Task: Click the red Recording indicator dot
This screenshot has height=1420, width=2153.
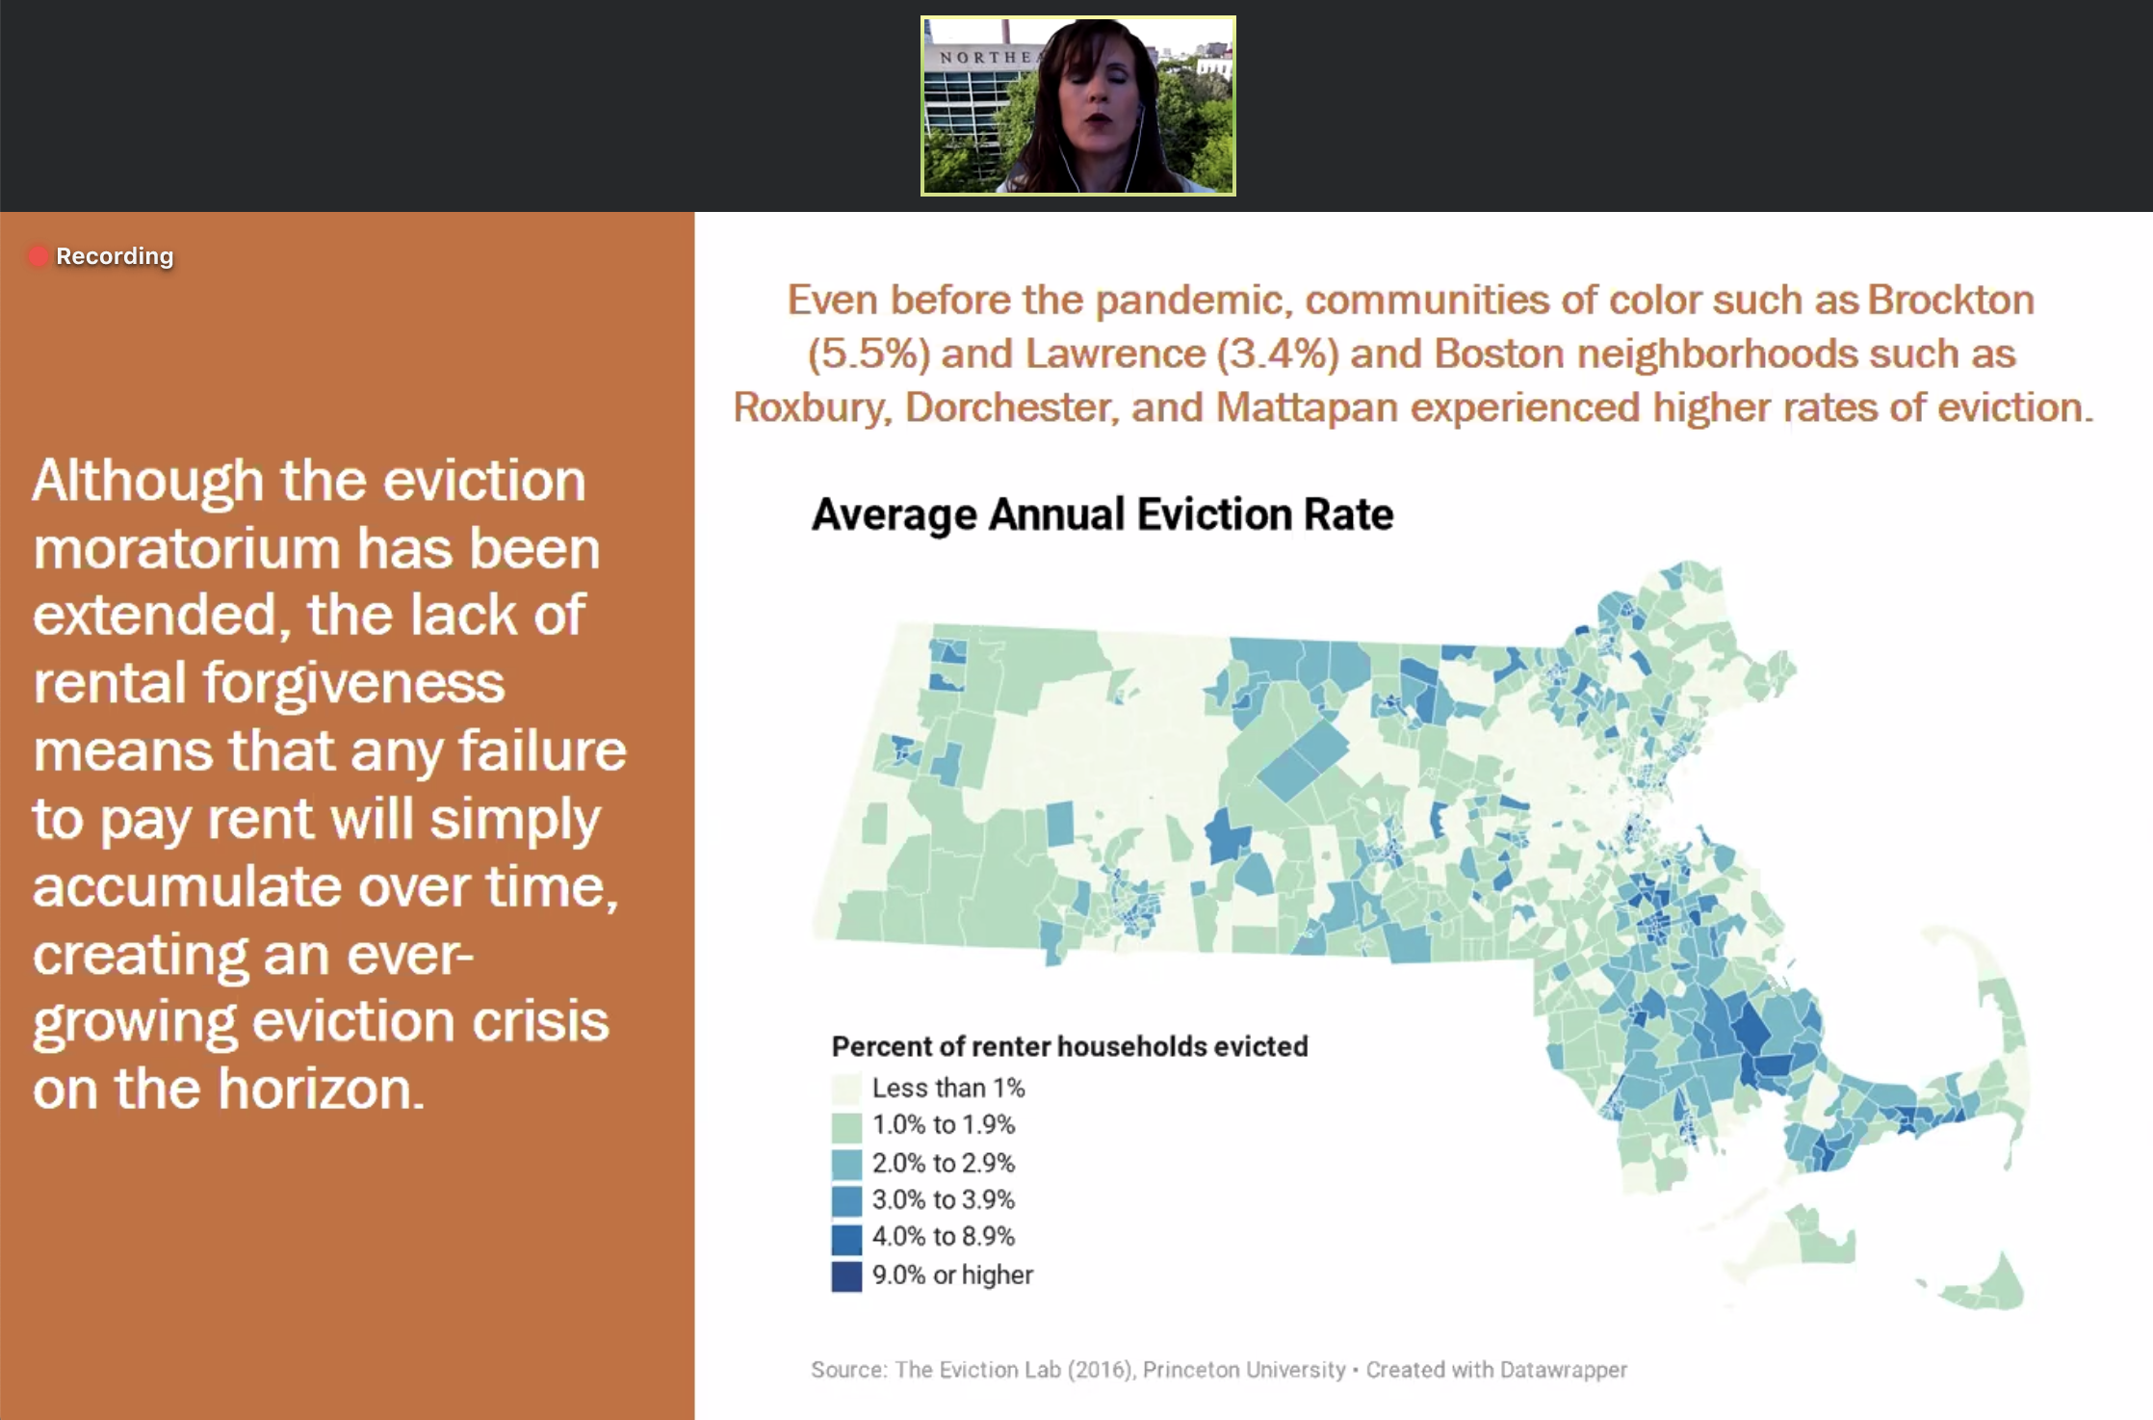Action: pyautogui.click(x=38, y=256)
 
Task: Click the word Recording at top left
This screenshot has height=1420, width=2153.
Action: pyautogui.click(x=115, y=256)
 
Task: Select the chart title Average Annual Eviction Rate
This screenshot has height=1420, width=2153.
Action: pyautogui.click(x=1102, y=514)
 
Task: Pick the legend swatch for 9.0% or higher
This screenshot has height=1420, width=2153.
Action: pyautogui.click(x=846, y=1275)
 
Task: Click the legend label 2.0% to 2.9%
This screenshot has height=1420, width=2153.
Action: pyautogui.click(x=943, y=1163)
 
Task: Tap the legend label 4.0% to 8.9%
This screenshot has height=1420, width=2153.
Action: pyautogui.click(x=943, y=1237)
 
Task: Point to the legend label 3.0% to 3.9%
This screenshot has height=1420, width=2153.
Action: pyautogui.click(x=943, y=1200)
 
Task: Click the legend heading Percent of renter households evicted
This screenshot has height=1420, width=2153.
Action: pyautogui.click(x=1069, y=1046)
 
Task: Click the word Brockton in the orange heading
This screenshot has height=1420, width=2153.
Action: pyautogui.click(x=1951, y=301)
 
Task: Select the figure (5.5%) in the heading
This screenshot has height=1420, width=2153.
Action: pyautogui.click(x=868, y=355)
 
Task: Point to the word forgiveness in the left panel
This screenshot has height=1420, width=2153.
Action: pyautogui.click(x=352, y=684)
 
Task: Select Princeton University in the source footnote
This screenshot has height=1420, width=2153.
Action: pyautogui.click(x=1243, y=1370)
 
